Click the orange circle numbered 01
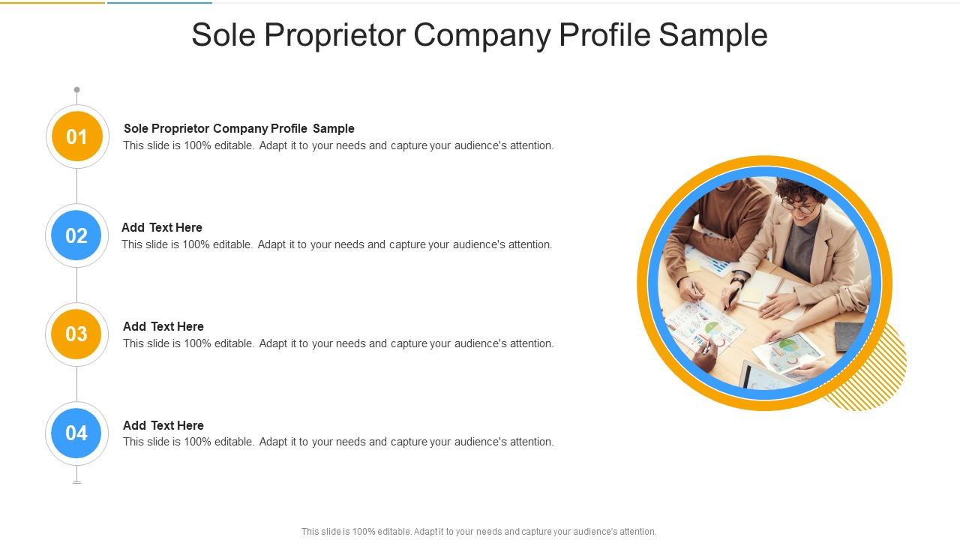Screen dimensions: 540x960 76,136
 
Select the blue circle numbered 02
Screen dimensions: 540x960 76,235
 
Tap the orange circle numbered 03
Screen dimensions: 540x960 76,334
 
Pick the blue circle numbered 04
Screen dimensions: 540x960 76,433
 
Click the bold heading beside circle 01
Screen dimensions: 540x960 238,128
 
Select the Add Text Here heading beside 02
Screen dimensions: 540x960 162,227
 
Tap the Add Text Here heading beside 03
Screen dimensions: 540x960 163,326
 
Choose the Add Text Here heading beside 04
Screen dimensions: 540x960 163,425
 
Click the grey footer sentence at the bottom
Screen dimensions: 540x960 478,532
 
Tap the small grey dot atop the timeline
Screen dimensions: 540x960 76,90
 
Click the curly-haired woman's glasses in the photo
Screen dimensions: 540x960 798,205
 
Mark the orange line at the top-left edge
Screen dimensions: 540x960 52,2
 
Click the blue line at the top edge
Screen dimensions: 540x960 159,2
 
